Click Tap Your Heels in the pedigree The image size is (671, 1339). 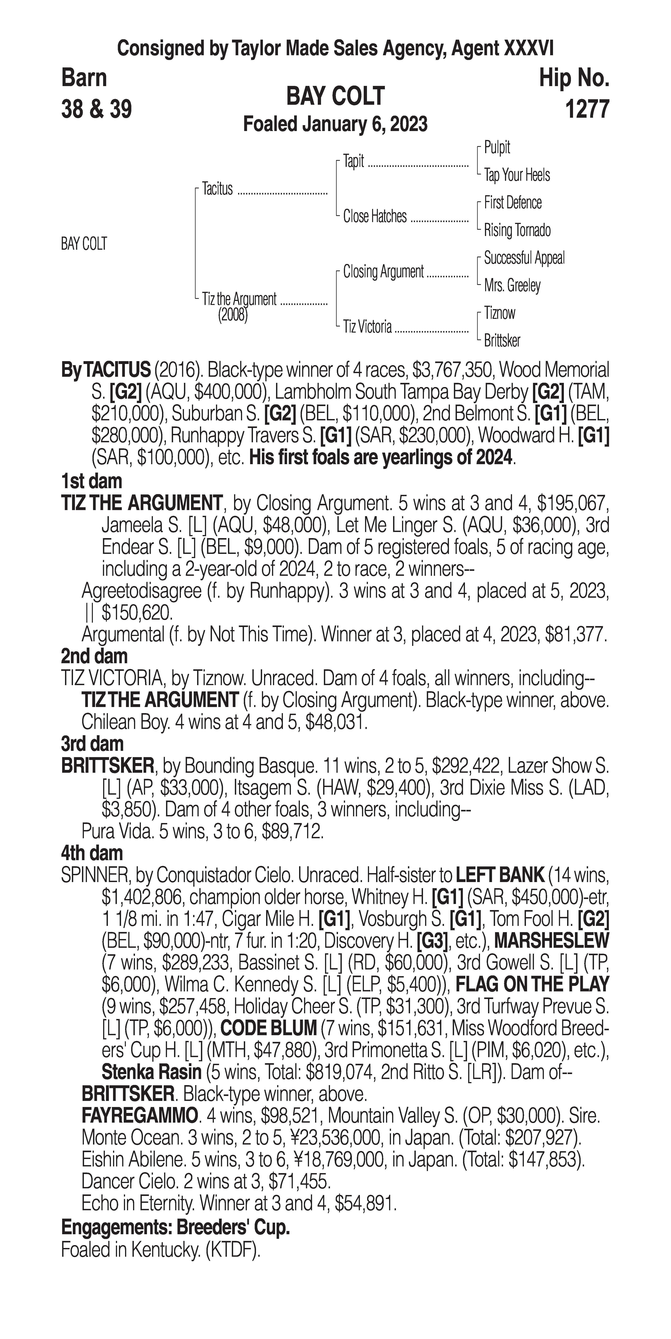click(517, 175)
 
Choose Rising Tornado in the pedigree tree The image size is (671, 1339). click(517, 230)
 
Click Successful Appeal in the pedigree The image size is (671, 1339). click(524, 258)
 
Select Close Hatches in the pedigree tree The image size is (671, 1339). click(375, 216)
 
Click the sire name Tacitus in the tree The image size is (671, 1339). click(218, 189)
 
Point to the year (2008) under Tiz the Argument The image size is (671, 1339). click(233, 315)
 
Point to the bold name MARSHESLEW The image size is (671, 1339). click(551, 940)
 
